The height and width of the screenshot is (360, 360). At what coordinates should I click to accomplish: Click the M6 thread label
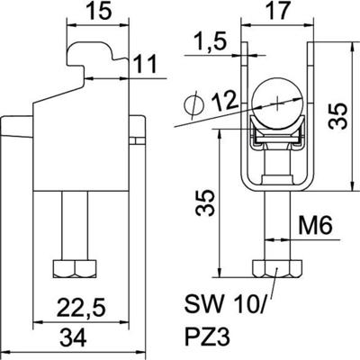pos(314,230)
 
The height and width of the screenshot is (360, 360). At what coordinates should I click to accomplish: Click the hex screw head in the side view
pos(71,269)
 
